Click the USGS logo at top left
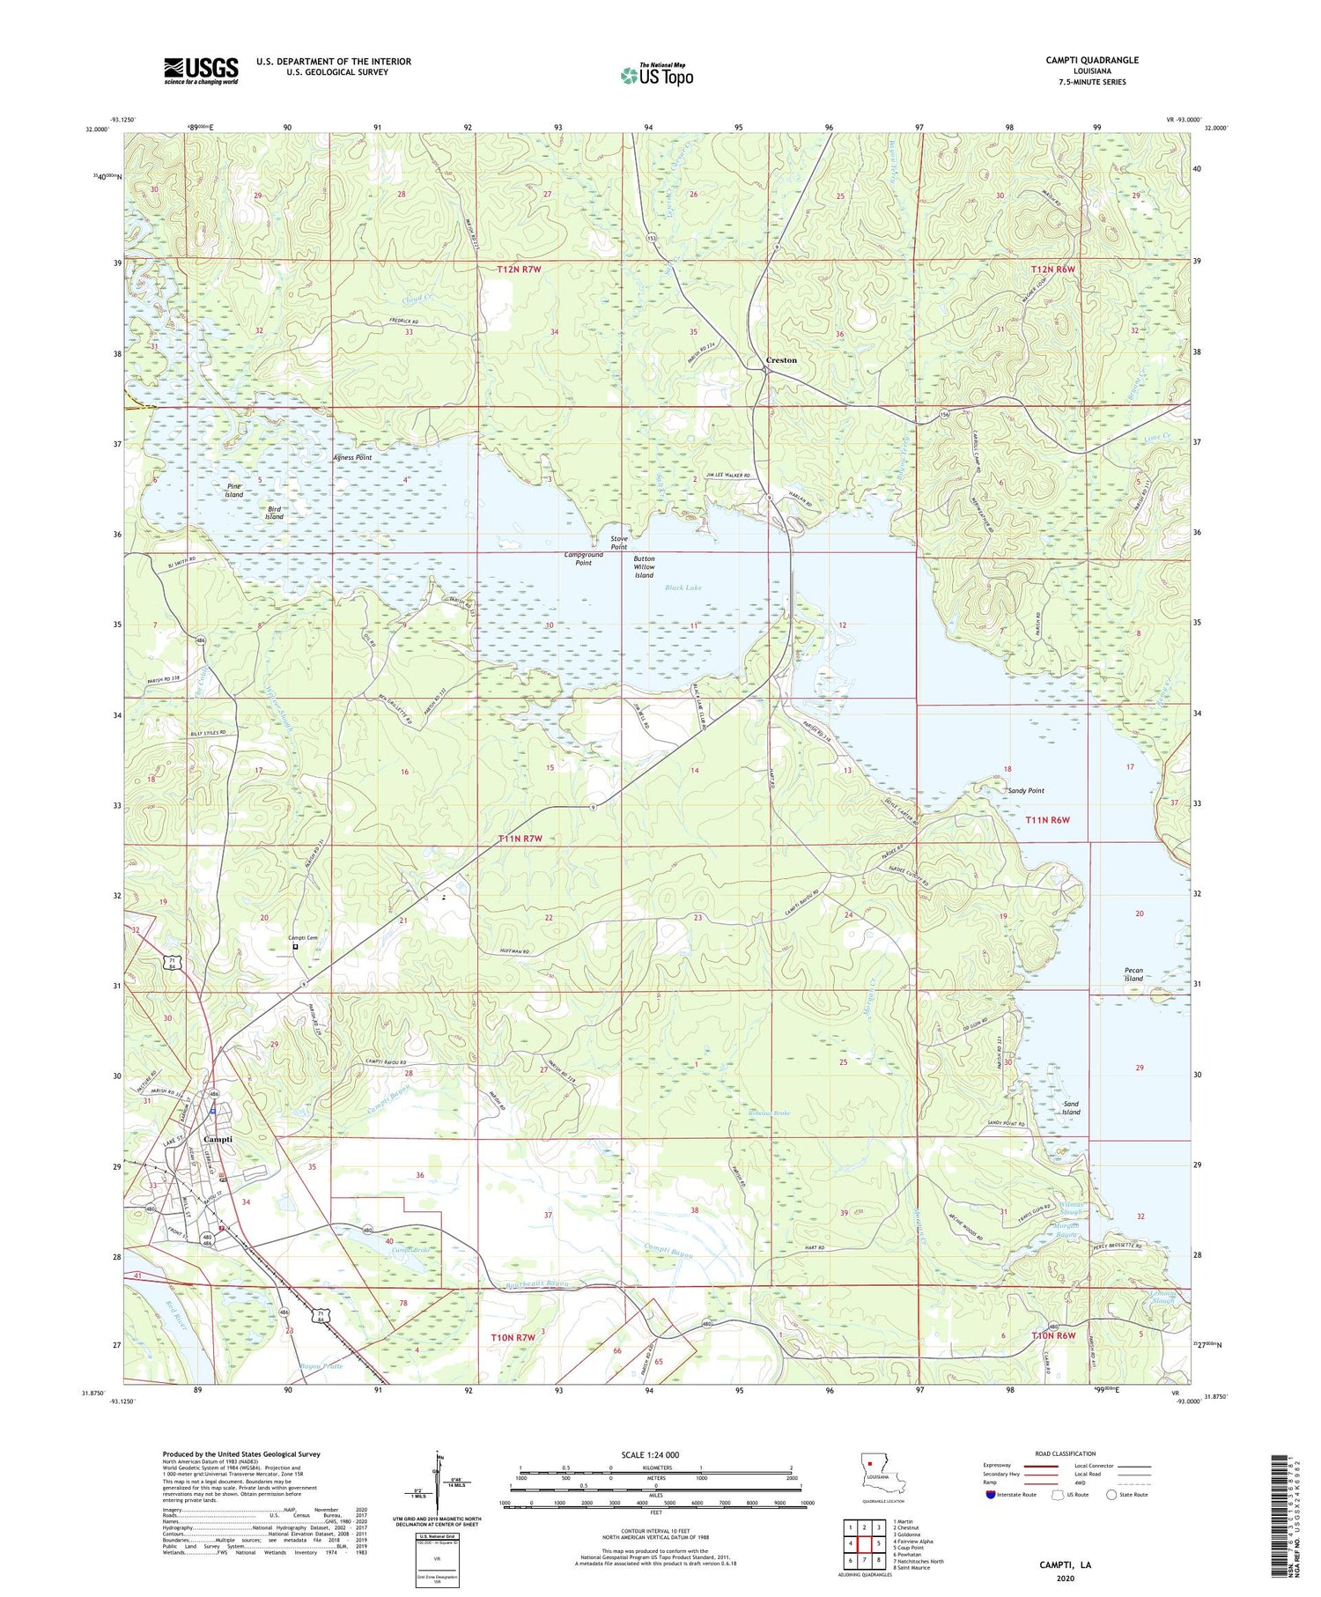point(201,70)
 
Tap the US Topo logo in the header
point(656,75)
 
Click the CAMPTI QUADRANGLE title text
point(1092,60)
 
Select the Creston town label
point(781,360)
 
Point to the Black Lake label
point(683,588)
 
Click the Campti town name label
point(218,1139)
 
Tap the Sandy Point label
point(1026,791)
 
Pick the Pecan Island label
point(1133,974)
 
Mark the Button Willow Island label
point(644,567)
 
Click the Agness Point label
point(352,458)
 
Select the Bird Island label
point(274,513)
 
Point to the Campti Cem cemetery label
point(303,938)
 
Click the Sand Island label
point(1070,1107)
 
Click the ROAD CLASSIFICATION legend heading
point(1066,1453)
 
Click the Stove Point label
point(619,542)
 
